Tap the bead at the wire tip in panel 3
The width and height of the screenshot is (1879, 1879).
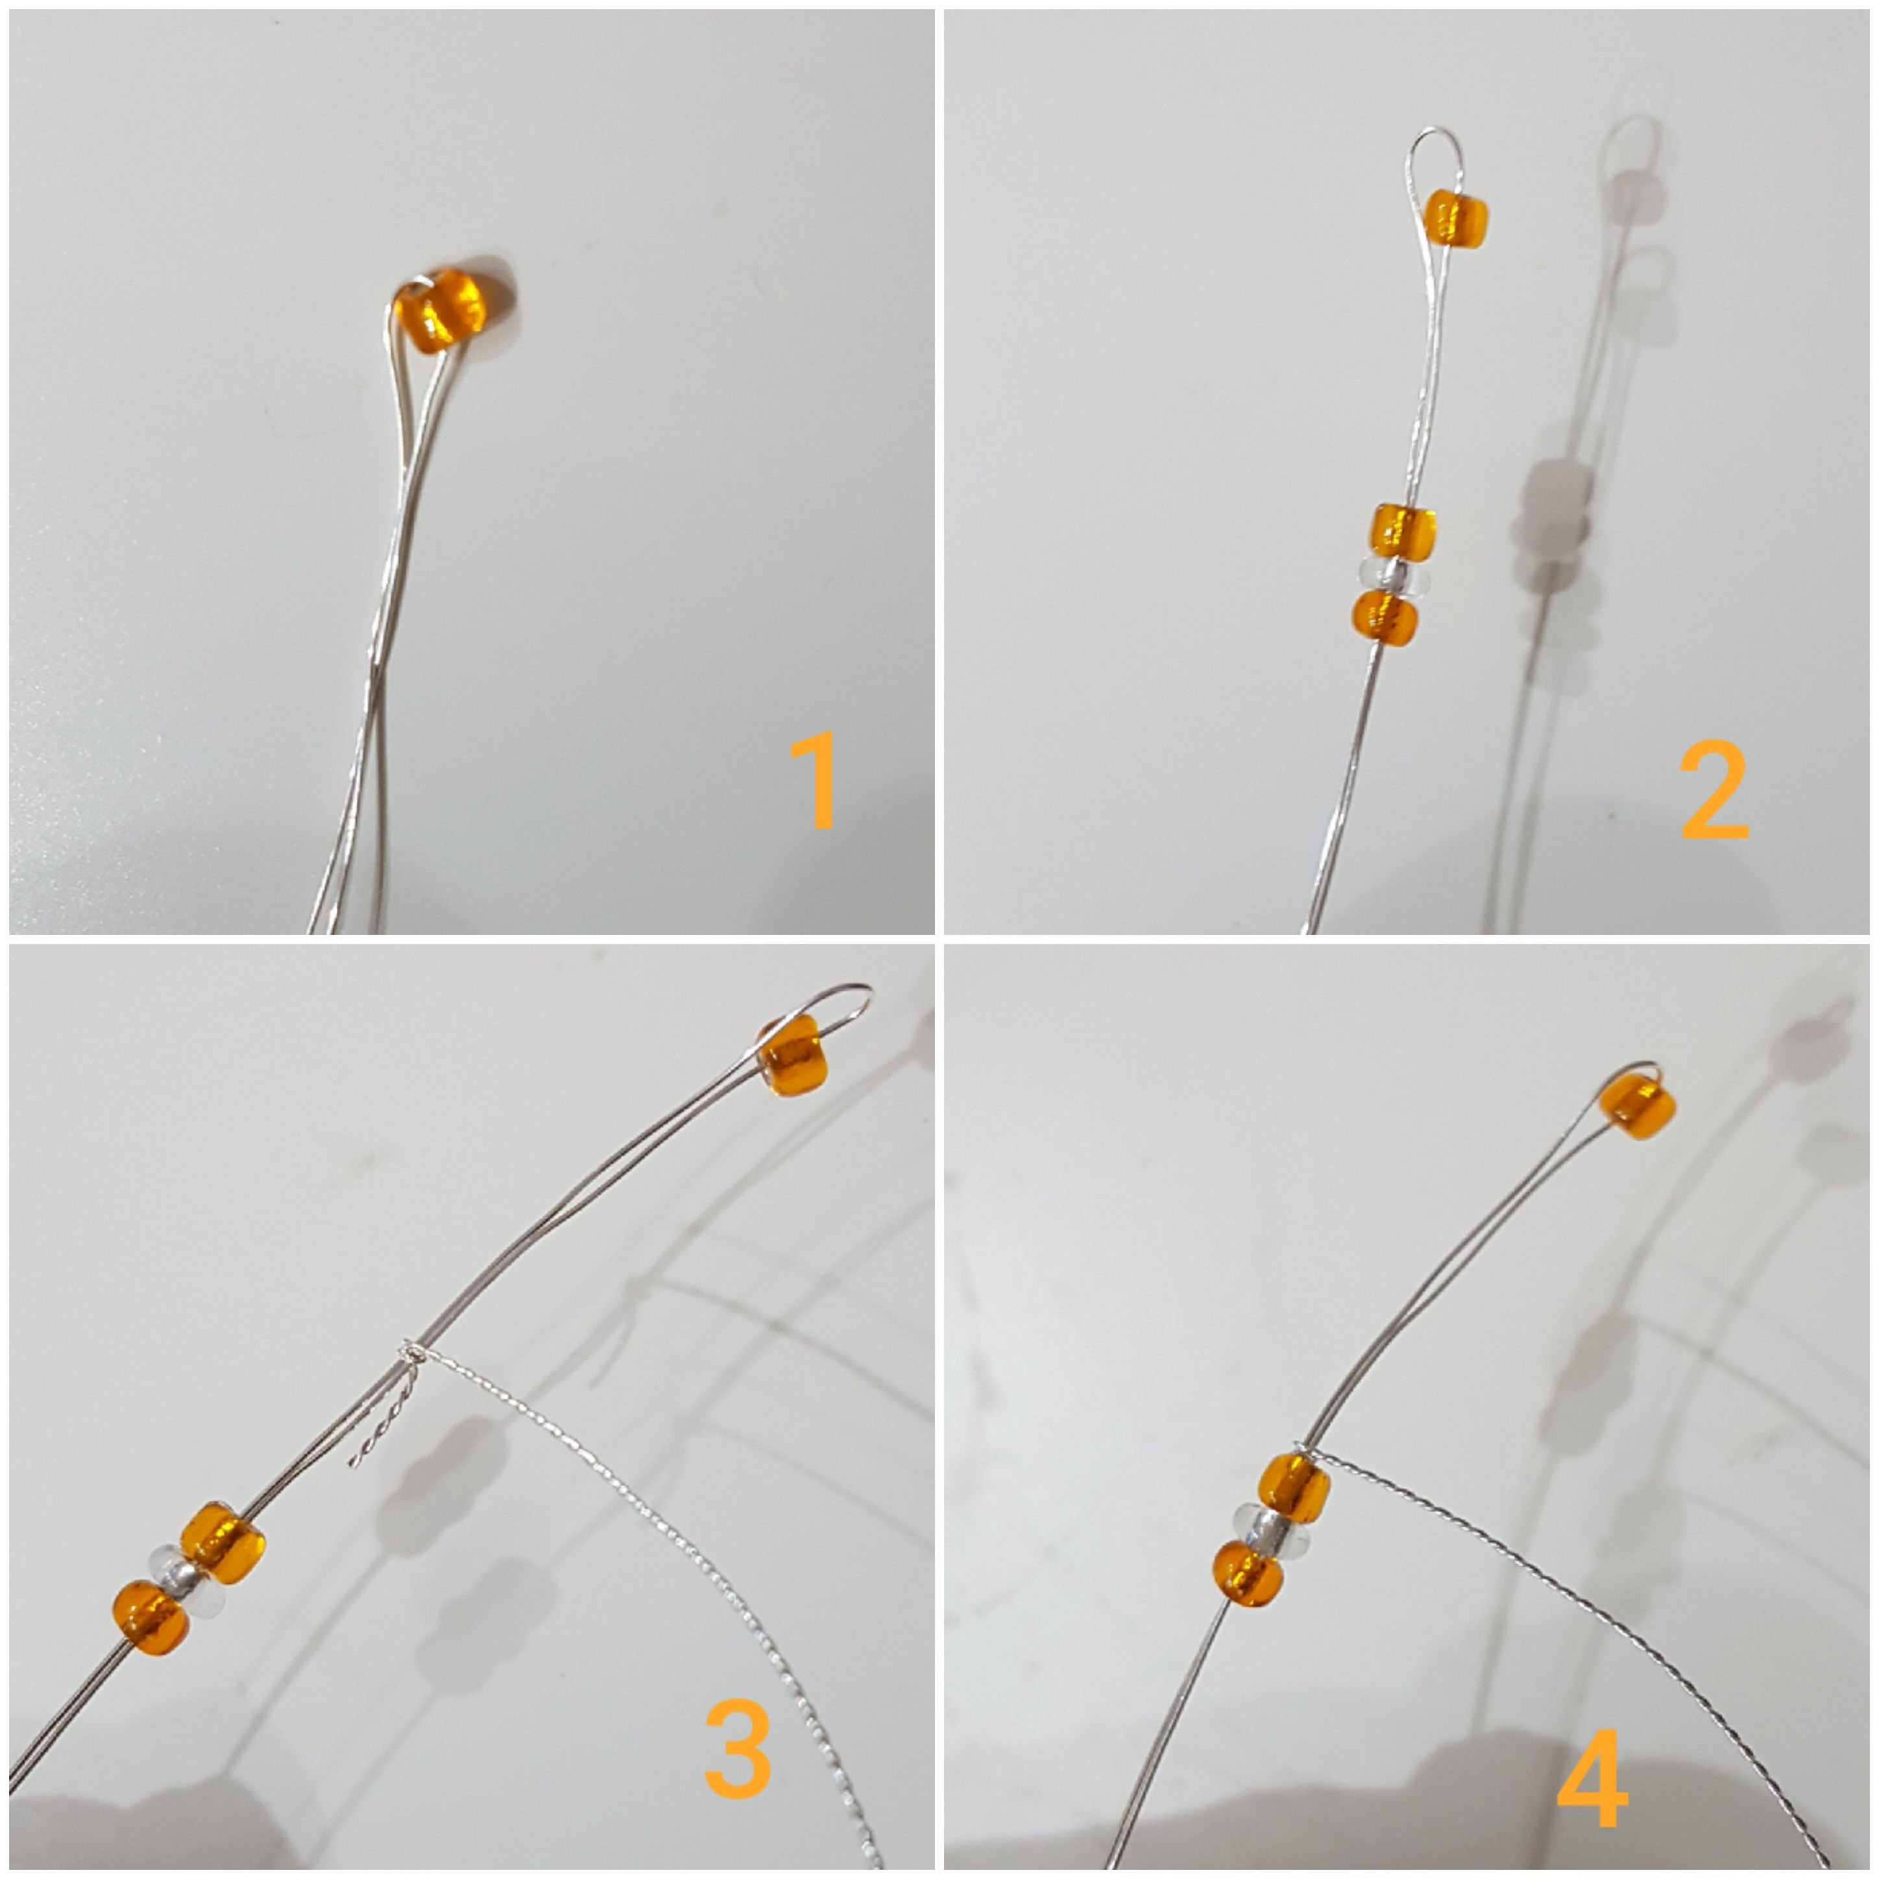(x=793, y=1056)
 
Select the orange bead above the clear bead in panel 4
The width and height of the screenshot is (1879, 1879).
(x=1294, y=1488)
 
